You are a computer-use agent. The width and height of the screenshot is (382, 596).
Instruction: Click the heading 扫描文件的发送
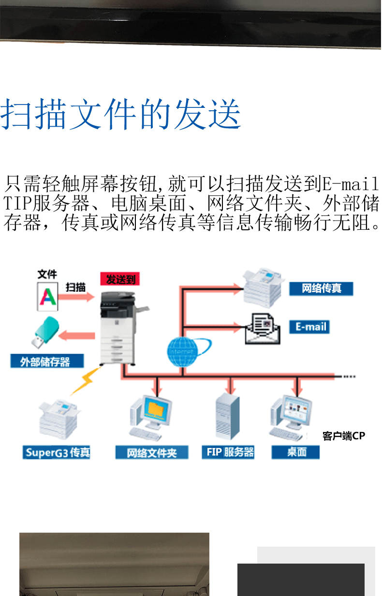pyautogui.click(x=121, y=115)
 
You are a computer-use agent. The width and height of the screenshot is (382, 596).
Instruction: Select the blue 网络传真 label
pyautogui.click(x=321, y=289)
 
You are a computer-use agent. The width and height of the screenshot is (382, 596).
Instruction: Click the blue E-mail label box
pyautogui.click(x=311, y=327)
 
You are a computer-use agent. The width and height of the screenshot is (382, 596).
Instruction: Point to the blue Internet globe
pyautogui.click(x=184, y=350)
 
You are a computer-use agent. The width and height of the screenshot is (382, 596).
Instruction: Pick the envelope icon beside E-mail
pyautogui.click(x=262, y=328)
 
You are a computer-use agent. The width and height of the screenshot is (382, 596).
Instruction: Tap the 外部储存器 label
pyautogui.click(x=47, y=361)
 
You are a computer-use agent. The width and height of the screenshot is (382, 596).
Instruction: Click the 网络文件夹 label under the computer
pyautogui.click(x=151, y=453)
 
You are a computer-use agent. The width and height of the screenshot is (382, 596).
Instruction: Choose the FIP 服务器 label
pyautogui.click(x=228, y=452)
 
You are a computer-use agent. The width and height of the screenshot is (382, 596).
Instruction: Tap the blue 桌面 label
pyautogui.click(x=296, y=452)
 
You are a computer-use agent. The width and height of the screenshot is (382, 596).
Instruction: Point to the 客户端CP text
pyautogui.click(x=343, y=436)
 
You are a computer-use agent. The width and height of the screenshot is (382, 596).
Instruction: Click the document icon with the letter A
pyautogui.click(x=47, y=297)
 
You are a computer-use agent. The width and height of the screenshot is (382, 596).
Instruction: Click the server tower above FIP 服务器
pyautogui.click(x=227, y=416)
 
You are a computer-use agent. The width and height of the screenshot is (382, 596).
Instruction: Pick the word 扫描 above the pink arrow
pyautogui.click(x=75, y=286)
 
